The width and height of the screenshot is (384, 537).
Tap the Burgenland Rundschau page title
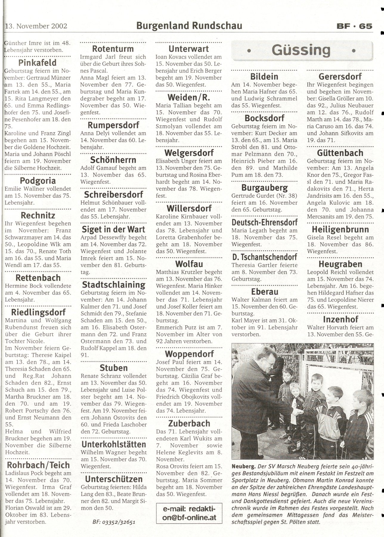[189, 26]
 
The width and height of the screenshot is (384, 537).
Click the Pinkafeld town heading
[38, 63]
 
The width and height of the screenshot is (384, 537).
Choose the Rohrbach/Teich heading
[38, 465]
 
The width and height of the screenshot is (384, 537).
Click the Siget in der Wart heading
[114, 229]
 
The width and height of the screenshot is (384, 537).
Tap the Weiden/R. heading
[189, 97]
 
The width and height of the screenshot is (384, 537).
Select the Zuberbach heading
[189, 423]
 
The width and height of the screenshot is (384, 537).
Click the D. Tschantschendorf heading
[264, 257]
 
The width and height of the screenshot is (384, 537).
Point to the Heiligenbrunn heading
[340, 229]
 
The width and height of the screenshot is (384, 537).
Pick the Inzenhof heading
[340, 320]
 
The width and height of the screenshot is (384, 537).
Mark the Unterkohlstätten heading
[114, 445]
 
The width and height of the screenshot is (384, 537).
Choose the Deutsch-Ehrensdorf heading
[264, 222]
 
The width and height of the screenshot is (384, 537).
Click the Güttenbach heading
[340, 153]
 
